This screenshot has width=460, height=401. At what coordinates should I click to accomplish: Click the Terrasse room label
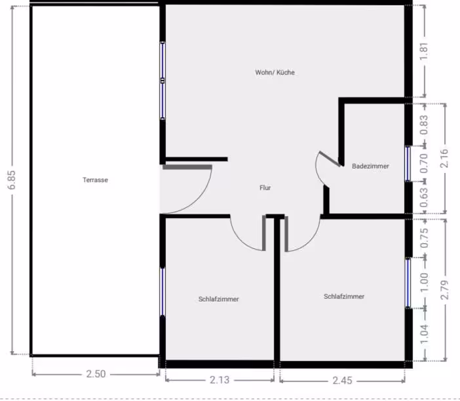point(96,180)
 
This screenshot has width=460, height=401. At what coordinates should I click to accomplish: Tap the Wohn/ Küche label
point(275,72)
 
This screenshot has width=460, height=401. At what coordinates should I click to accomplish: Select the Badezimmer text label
point(370,166)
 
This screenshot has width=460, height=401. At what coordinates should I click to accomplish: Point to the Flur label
point(265,188)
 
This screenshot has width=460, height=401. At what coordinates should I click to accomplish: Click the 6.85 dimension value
point(12,180)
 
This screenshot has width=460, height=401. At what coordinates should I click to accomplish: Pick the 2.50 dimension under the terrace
point(96,374)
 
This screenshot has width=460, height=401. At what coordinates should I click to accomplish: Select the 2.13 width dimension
point(220,380)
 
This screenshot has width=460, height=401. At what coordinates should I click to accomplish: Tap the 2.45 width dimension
point(342,381)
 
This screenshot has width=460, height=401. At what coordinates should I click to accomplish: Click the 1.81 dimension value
point(424,52)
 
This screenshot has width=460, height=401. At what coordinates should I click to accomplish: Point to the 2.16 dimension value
point(444,159)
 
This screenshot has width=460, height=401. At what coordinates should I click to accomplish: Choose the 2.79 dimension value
point(445,290)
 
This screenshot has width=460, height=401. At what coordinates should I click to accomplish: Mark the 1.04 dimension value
point(425,334)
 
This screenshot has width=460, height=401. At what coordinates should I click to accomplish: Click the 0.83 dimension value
point(424,125)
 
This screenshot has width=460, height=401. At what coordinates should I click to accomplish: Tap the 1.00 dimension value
point(425,282)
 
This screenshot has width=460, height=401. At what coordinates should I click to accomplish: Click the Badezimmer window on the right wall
point(408,164)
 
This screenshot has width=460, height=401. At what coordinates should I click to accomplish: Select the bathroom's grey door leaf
point(330,159)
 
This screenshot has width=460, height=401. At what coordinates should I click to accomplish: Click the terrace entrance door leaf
point(187,167)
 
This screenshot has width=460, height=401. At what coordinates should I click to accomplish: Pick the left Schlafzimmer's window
point(163,292)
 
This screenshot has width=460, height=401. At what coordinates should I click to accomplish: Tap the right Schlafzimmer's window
point(408,282)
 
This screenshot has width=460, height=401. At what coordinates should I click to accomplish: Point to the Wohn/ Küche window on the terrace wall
point(163,81)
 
